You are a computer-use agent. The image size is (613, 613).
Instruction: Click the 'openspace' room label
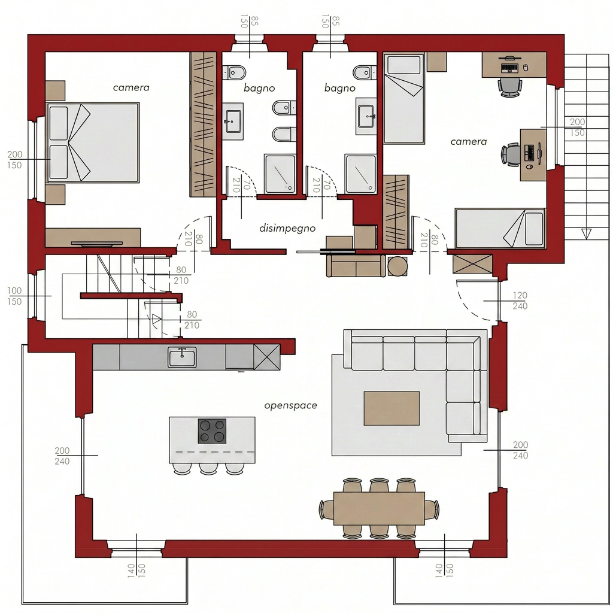click(290, 405)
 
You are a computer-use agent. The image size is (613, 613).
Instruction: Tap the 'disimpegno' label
click(287, 228)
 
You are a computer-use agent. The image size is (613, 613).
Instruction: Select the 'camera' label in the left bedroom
click(131, 87)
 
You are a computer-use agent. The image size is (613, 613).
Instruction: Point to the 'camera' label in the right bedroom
click(468, 141)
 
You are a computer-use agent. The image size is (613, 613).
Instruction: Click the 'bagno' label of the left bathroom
click(259, 89)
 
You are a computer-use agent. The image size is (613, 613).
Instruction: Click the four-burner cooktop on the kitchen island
click(213, 431)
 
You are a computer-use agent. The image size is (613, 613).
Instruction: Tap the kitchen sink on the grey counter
click(182, 357)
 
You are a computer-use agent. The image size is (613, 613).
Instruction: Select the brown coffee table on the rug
click(392, 408)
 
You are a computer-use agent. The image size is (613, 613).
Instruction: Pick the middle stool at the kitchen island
click(208, 468)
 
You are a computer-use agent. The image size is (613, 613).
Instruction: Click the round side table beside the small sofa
click(397, 266)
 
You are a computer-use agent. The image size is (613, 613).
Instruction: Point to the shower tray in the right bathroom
click(360, 174)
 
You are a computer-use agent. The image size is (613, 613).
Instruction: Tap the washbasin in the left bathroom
click(233, 121)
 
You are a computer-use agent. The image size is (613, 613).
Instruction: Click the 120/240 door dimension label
click(520, 301)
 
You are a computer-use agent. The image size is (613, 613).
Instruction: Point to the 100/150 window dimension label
click(14, 296)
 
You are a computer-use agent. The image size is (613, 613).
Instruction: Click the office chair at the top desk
click(510, 87)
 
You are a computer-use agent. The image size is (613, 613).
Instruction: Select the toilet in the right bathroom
click(365, 72)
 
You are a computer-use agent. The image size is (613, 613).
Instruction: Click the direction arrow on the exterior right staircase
click(585, 234)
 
